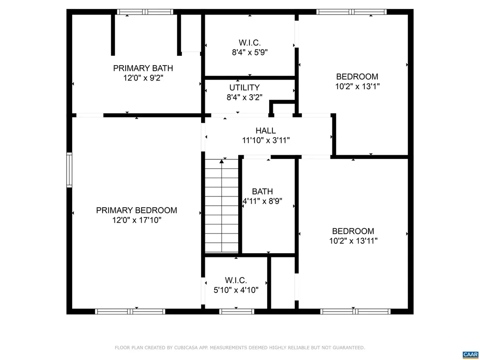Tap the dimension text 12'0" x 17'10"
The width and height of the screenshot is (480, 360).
tap(136, 220)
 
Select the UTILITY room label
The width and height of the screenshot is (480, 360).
tap(244, 88)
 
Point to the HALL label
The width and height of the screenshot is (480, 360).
tap(266, 131)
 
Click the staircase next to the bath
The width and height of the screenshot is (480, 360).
tap(222, 206)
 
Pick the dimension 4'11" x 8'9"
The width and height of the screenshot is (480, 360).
tap(262, 202)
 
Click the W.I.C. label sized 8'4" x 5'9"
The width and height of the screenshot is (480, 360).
tap(250, 43)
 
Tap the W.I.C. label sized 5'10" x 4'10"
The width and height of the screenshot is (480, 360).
tap(236, 280)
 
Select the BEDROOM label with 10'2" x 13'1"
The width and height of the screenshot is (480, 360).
tap(357, 76)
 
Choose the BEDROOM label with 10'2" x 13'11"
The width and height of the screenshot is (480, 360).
tap(353, 231)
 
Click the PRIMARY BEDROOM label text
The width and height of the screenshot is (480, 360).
tap(136, 210)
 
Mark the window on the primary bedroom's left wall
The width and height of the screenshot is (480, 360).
tap(69, 170)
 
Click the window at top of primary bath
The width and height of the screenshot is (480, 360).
tap(145, 12)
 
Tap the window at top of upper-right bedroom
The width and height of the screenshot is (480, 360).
tap(352, 12)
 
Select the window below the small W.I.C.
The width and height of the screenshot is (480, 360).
tap(237, 311)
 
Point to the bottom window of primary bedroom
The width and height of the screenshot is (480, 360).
tap(130, 311)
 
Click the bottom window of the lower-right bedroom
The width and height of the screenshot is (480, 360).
tap(355, 311)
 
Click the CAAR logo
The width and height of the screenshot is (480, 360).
tap(470, 354)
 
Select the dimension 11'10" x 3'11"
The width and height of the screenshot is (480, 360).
tap(266, 140)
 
